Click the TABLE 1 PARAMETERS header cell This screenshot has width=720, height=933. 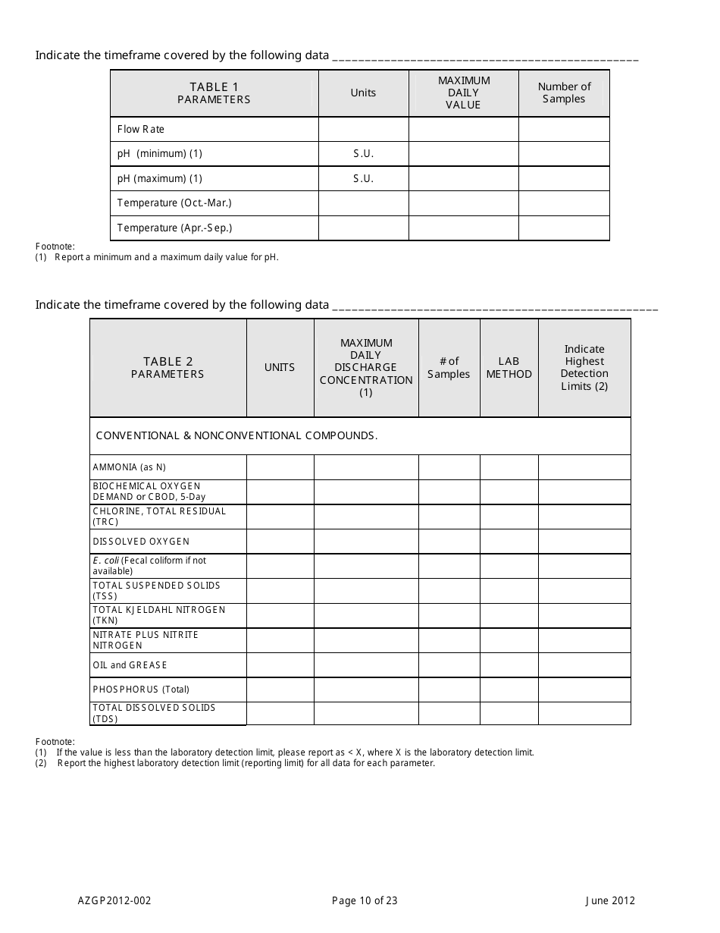click(214, 93)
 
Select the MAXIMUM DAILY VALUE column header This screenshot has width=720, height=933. click(463, 93)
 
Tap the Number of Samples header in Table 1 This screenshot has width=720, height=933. click(564, 93)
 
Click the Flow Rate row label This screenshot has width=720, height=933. click(141, 129)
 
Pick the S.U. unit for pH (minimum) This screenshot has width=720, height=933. click(364, 154)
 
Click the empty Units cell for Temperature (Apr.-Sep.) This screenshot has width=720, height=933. click(364, 228)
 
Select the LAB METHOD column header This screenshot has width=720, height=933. click(509, 368)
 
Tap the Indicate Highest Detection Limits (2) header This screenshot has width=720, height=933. click(584, 368)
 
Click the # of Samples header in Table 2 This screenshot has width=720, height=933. click(449, 368)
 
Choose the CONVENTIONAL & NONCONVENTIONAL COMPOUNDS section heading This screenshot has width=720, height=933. click(236, 435)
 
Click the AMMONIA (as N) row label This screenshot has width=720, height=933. click(129, 467)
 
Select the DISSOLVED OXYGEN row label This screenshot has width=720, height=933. click(141, 542)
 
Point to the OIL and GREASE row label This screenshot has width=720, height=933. click(130, 665)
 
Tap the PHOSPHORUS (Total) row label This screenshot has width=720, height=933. click(141, 690)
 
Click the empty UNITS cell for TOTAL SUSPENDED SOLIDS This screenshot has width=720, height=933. click(280, 591)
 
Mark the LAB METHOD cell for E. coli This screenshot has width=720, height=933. click(509, 566)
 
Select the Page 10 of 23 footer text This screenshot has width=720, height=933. click(365, 901)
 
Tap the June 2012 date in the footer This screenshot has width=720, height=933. click(610, 901)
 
